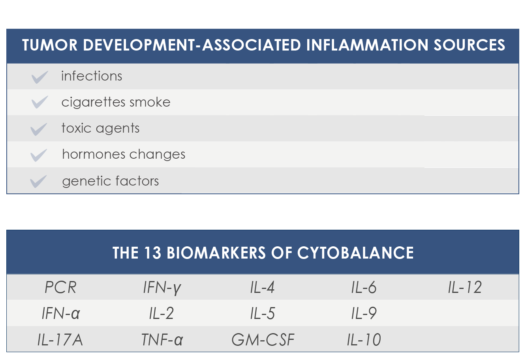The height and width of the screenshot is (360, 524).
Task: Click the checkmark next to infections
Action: coord(40,77)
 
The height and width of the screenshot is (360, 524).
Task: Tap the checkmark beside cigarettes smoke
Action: coord(40,102)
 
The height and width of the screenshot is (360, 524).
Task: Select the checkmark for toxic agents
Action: coord(39,129)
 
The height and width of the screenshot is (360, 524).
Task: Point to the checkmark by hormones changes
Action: coord(39,155)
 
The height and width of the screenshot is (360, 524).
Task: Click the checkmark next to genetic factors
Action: coord(38,182)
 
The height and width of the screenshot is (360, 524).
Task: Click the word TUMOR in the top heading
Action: coord(50,45)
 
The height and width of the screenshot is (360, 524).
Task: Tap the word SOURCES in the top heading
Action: coord(469,45)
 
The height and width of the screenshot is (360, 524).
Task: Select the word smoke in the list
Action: coord(150,102)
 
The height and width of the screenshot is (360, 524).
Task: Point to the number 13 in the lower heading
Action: coord(152,253)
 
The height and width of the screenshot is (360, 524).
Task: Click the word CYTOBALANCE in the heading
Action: coord(355,253)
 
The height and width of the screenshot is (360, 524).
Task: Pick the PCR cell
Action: coord(60,287)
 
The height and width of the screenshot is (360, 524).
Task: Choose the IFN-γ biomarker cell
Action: coord(162,288)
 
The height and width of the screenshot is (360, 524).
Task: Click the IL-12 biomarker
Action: coord(465,287)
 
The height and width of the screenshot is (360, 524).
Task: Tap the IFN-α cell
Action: coord(61,313)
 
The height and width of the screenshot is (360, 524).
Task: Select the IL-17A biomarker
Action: coord(60,340)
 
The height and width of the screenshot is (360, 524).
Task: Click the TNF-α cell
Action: coord(162,340)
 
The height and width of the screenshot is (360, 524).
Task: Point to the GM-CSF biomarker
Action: coord(263,340)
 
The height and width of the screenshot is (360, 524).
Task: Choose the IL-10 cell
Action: coord(364,340)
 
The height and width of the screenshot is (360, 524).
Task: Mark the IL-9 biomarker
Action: coord(364,313)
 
